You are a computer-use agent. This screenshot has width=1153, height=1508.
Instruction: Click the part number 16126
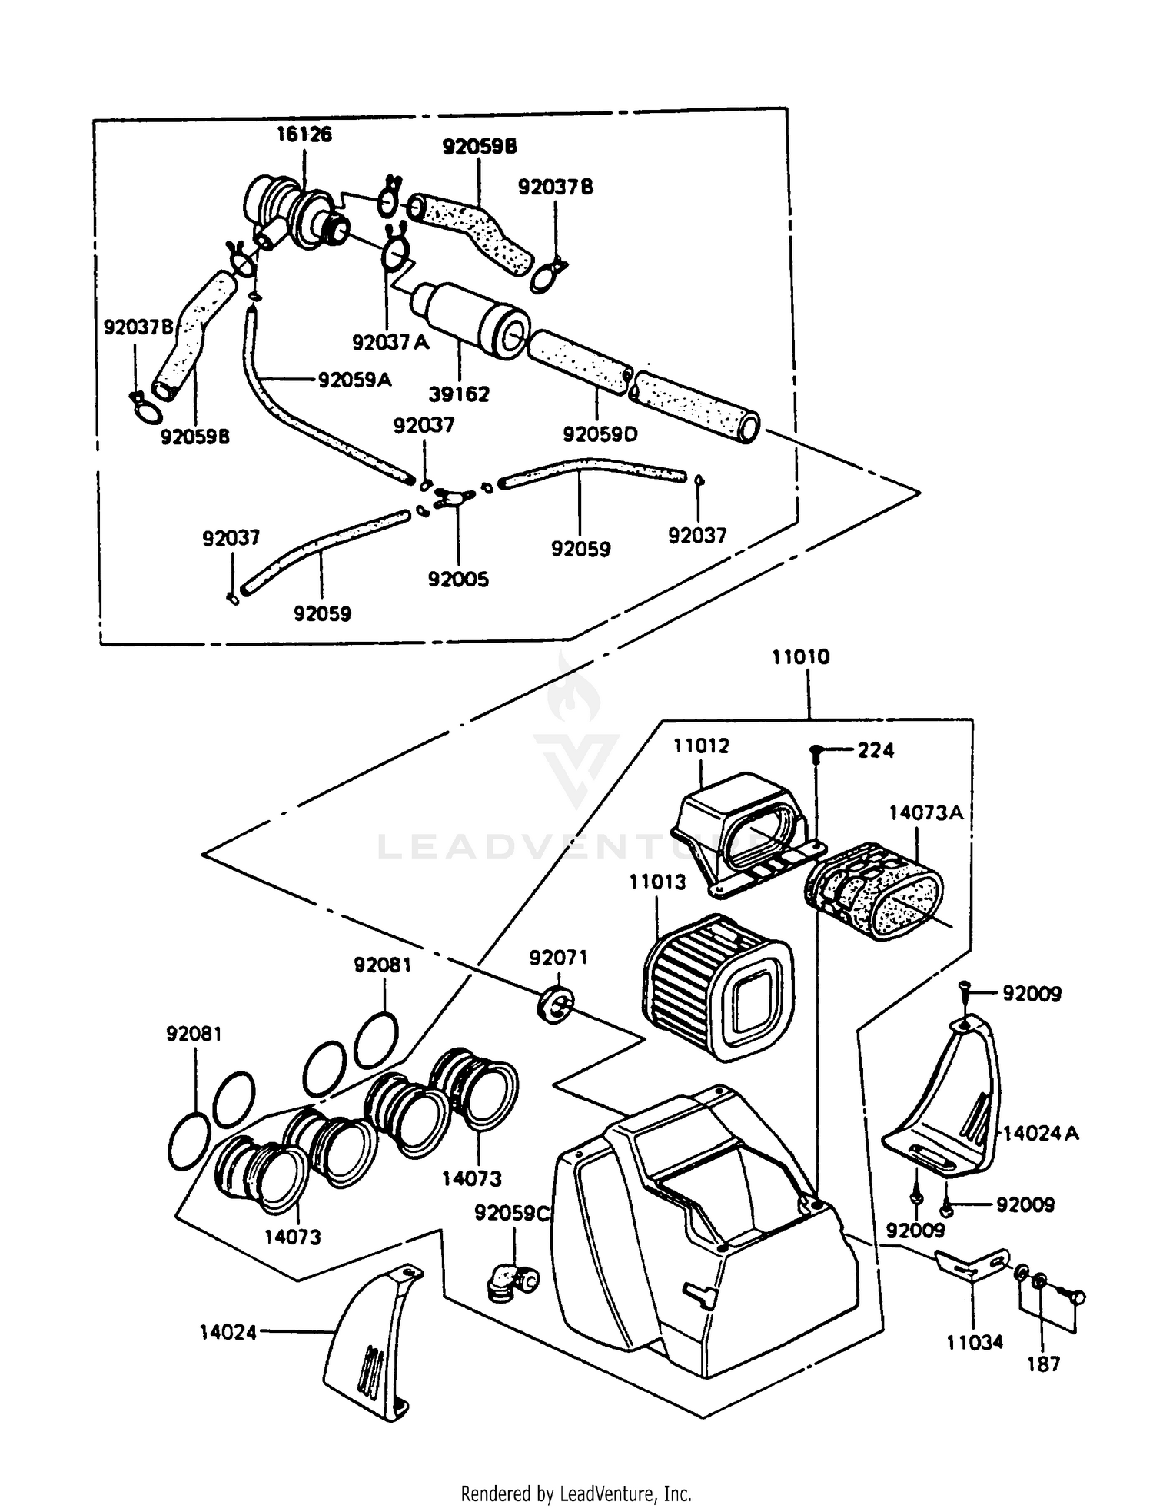pyautogui.click(x=304, y=135)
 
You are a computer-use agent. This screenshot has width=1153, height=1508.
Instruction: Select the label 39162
pyautogui.click(x=459, y=394)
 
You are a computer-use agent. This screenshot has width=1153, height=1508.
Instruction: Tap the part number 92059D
pyautogui.click(x=600, y=434)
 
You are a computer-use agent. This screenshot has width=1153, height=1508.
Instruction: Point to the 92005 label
pyautogui.click(x=458, y=579)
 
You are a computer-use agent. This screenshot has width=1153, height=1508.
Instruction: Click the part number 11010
pyautogui.click(x=801, y=656)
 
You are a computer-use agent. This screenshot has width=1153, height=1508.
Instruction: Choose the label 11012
pyautogui.click(x=701, y=746)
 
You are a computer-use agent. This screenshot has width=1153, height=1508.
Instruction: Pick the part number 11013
pyautogui.click(x=657, y=882)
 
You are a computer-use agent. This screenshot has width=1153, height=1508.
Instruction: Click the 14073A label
pyautogui.click(x=925, y=812)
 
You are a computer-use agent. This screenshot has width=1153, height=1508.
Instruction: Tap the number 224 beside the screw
pyautogui.click(x=876, y=750)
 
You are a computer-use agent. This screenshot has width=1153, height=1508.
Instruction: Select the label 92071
pyautogui.click(x=558, y=957)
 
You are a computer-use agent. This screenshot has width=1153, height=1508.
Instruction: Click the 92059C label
pyautogui.click(x=512, y=1213)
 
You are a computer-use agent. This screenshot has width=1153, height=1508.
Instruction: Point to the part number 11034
pyautogui.click(x=975, y=1342)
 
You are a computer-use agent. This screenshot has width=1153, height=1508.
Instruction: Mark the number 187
pyautogui.click(x=1043, y=1364)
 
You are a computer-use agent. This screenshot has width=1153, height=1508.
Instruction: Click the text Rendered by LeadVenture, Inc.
pyautogui.click(x=576, y=1493)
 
